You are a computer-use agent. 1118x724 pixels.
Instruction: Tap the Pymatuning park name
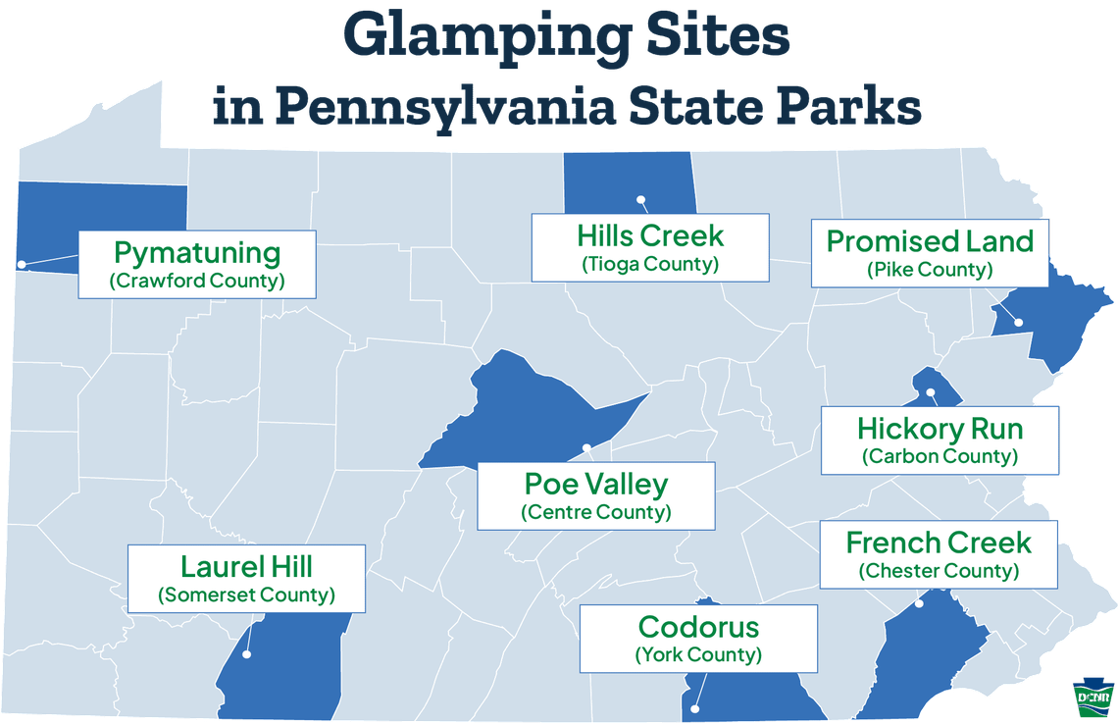pyautogui.click(x=197, y=252)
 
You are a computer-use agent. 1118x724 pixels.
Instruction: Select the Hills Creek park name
pyautogui.click(x=650, y=235)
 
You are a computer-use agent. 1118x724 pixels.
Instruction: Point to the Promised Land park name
pyautogui.click(x=930, y=241)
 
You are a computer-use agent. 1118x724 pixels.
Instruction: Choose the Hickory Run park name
pyautogui.click(x=940, y=429)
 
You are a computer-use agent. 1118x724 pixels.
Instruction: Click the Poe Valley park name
pyautogui.click(x=595, y=484)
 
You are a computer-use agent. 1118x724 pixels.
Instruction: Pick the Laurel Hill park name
pyautogui.click(x=246, y=566)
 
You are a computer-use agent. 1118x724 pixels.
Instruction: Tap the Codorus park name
pyautogui.click(x=697, y=626)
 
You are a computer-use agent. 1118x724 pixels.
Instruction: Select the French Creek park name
pyautogui.click(x=939, y=543)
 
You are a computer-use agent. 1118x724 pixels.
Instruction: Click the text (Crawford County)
pyautogui.click(x=197, y=282)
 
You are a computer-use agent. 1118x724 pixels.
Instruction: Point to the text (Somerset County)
pyautogui.click(x=246, y=595)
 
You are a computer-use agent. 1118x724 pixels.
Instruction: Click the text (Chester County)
pyautogui.click(x=939, y=571)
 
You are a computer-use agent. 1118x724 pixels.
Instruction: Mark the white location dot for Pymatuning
pyautogui.click(x=21, y=264)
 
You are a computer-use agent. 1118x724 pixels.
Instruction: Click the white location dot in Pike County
pyautogui.click(x=1018, y=322)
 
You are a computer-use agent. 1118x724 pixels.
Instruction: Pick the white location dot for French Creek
pyautogui.click(x=919, y=603)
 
